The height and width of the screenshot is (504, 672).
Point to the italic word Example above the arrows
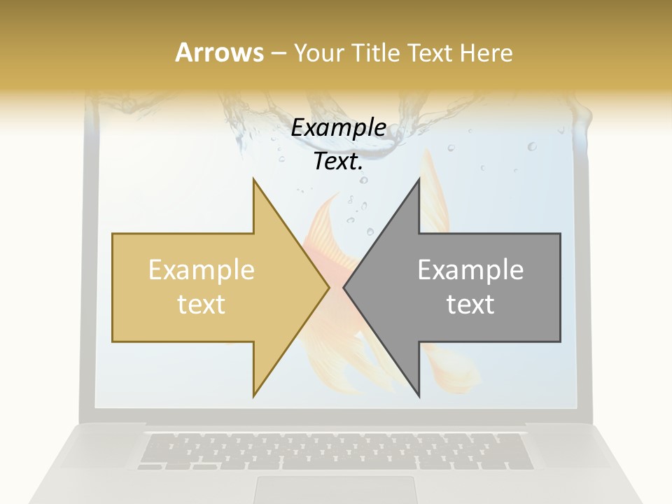pos(338,127)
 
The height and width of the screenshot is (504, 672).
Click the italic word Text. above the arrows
pos(338,162)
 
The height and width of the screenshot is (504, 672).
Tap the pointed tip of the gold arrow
pos(328,287)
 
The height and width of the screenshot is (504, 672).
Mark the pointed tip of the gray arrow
pos(344,287)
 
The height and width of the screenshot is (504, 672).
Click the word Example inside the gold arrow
pos(202,270)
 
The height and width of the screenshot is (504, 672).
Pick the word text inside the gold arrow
pos(202,304)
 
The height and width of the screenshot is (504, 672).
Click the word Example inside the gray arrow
pos(470,270)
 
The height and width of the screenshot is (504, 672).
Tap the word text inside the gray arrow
pos(470,304)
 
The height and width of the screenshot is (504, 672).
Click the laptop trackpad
pos(335,489)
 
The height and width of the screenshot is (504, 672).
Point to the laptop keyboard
pos(335,451)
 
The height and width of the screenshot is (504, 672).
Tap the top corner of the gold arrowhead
pos(254,179)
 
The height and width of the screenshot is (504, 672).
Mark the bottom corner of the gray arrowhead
pos(419,396)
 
